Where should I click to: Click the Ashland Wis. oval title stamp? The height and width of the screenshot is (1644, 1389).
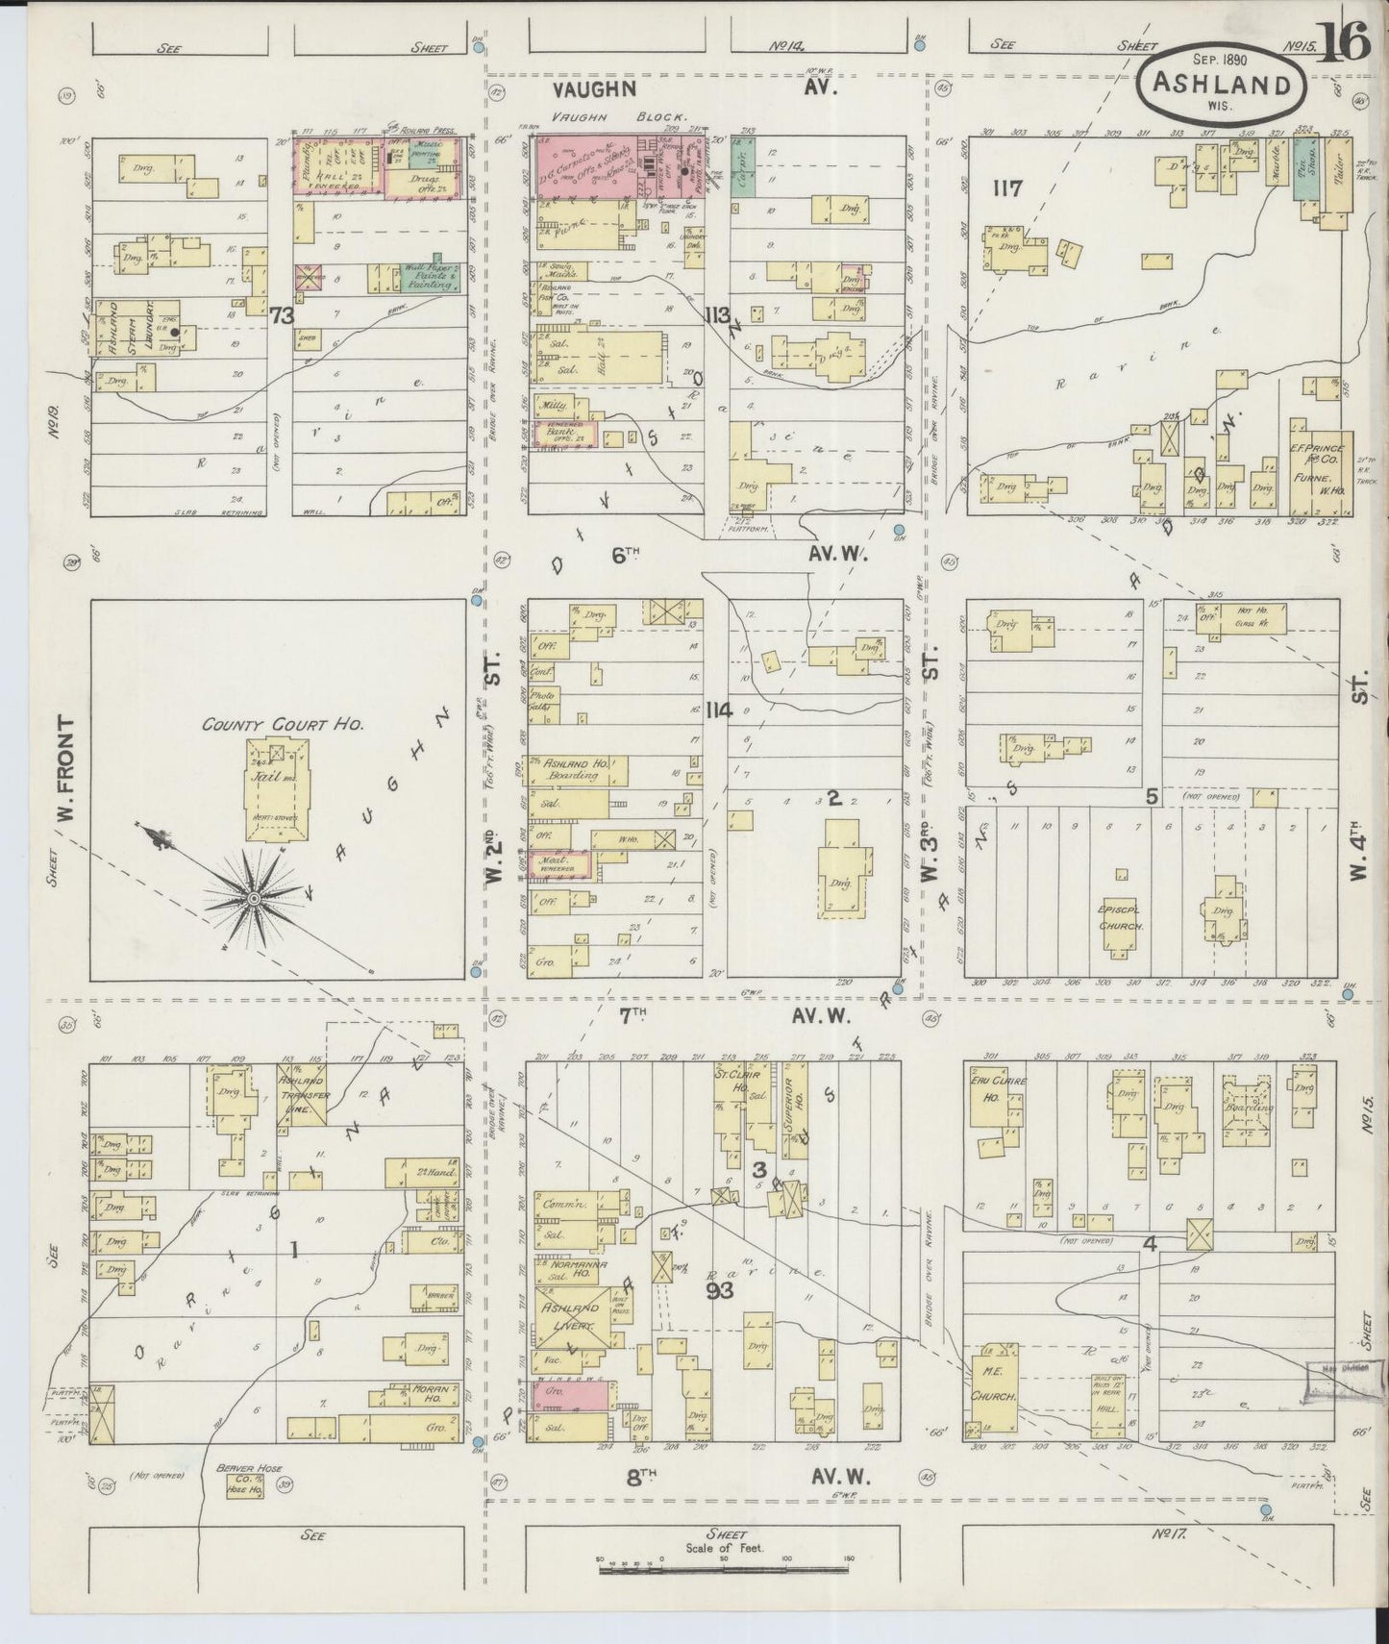click(x=1221, y=87)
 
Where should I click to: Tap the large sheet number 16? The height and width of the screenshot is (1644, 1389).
click(x=1342, y=43)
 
